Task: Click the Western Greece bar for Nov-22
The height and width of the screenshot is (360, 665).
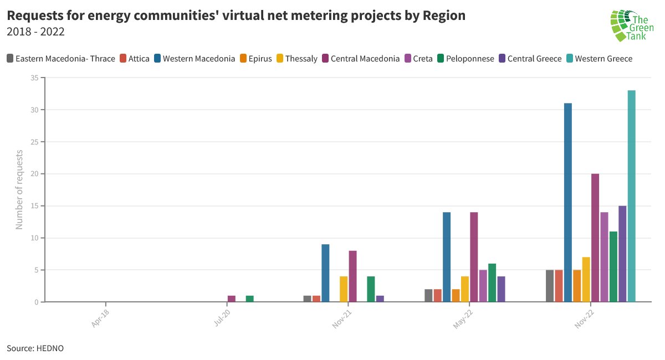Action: (x=631, y=196)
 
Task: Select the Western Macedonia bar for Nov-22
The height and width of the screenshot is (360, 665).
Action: (x=568, y=203)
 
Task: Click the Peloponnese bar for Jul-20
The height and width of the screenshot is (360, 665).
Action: (x=249, y=299)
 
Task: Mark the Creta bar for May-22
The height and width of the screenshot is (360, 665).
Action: (x=483, y=286)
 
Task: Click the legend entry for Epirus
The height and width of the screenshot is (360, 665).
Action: (x=255, y=59)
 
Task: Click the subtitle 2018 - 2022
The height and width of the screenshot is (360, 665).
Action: (x=35, y=32)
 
